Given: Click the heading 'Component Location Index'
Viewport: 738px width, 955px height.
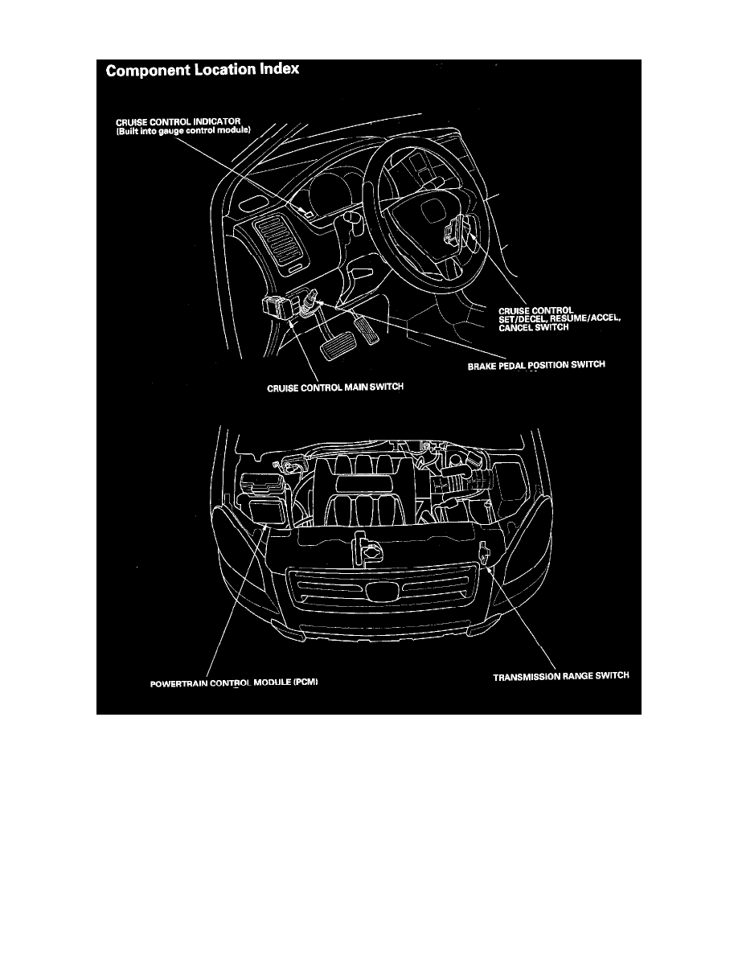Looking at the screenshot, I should [x=203, y=70].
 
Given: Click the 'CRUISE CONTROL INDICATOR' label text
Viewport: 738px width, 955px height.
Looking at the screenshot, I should [x=174, y=121].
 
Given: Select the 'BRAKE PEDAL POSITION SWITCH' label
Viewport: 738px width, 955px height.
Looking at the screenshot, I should [x=535, y=366].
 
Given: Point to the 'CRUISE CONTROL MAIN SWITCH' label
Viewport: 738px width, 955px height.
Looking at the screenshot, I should [x=334, y=387].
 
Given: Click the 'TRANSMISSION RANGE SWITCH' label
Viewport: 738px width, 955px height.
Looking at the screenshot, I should [x=560, y=677].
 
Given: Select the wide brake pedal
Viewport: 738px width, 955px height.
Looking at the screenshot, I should [x=334, y=349].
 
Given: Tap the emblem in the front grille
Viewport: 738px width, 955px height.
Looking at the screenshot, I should [x=378, y=592].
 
